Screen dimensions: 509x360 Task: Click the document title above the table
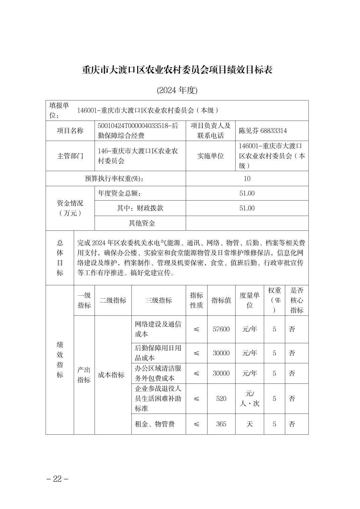(177, 70)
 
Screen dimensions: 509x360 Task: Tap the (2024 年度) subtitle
(177, 90)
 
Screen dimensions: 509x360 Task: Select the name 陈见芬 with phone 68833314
(263, 131)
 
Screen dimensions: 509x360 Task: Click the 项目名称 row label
(70, 131)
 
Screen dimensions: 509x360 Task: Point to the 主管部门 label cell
(70, 156)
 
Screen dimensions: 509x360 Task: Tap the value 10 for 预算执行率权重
(247, 178)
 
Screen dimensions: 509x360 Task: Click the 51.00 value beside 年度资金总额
(247, 193)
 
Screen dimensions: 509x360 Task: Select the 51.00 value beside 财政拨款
(247, 208)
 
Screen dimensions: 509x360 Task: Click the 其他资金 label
(142, 223)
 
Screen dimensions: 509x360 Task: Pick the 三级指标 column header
(159, 300)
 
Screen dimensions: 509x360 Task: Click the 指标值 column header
(221, 300)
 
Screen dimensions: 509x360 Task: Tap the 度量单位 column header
(249, 300)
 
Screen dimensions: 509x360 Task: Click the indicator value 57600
(221, 329)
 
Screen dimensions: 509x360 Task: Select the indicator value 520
(221, 398)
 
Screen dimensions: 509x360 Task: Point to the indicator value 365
(221, 424)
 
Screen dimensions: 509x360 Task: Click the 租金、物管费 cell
(155, 424)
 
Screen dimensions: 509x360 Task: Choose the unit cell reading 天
(249, 424)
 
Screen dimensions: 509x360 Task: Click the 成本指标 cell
(111, 375)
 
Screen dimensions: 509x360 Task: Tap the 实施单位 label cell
(210, 156)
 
